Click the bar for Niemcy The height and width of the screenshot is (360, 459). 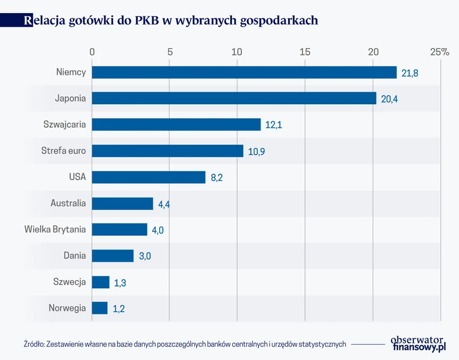244,72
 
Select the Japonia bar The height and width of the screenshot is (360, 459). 234,99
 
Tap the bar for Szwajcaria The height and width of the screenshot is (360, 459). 176,125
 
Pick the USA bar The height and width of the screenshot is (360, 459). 148,177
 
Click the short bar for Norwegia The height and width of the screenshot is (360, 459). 100,308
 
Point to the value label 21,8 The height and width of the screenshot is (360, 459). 410,73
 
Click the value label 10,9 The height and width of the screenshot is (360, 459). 257,152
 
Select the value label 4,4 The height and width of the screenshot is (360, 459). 164,204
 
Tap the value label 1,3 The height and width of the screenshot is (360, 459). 120,283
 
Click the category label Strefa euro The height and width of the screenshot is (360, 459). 63,151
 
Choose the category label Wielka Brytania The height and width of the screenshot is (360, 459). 55,230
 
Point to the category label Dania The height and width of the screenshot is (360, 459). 75,256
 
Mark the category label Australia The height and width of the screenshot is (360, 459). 68,203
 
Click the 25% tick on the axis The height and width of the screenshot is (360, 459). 440,52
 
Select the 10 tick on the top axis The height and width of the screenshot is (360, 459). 237,52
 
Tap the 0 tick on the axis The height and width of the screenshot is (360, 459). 92,52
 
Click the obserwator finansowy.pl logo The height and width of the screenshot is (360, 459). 417,343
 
